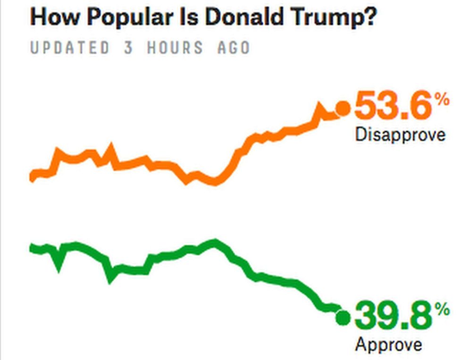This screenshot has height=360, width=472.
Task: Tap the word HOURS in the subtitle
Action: click(175, 48)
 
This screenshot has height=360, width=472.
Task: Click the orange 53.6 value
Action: click(393, 107)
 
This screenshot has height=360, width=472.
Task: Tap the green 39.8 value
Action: click(393, 317)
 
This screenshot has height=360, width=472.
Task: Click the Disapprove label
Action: click(400, 135)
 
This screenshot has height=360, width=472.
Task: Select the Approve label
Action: click(388, 344)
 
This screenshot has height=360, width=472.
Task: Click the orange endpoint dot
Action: click(343, 109)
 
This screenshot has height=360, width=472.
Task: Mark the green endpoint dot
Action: click(343, 318)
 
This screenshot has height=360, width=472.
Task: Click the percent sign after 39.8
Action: click(442, 310)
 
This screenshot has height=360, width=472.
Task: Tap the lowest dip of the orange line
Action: click(215, 182)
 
